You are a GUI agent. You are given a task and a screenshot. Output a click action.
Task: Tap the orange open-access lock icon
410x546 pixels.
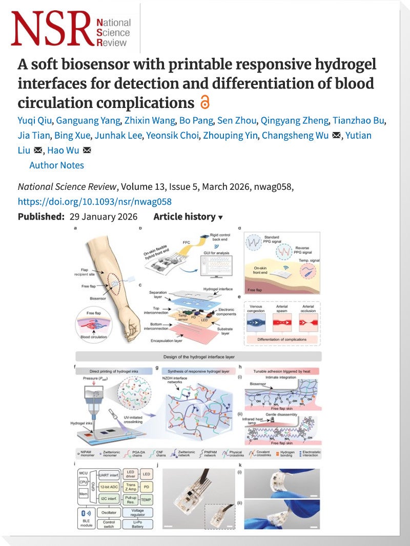(204, 102)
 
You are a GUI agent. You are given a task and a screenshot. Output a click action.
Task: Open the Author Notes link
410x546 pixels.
(56, 165)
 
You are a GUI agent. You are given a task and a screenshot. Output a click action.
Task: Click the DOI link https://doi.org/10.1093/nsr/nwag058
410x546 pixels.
(94, 202)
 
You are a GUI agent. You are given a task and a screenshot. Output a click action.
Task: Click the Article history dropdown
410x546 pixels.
(188, 217)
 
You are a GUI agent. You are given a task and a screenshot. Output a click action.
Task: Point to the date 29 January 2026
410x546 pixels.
(103, 217)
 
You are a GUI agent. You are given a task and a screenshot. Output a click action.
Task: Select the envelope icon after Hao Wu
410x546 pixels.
(87, 150)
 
